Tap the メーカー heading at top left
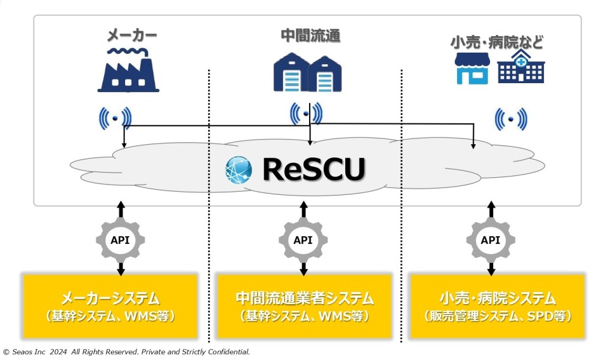131,36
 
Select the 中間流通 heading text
310,36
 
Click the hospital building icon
520,68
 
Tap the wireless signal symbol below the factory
115,117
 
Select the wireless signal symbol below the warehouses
306,114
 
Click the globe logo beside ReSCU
239,170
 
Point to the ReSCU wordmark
314,169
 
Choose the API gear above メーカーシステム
121,239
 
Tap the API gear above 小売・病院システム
491,239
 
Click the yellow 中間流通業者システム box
305,306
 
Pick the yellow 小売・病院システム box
497,306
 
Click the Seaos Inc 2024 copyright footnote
127,351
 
